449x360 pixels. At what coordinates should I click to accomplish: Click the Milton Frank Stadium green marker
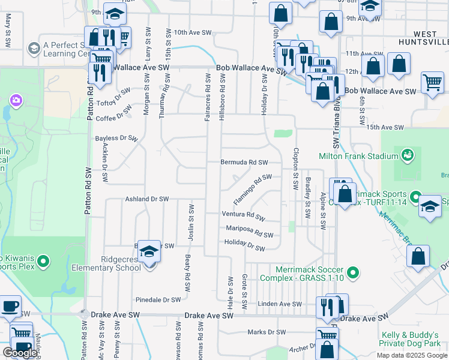click(408, 156)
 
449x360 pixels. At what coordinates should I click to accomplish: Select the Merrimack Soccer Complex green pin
click(353, 274)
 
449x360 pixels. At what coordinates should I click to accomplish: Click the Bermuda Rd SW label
click(243, 163)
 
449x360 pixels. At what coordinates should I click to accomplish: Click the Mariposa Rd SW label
click(250, 231)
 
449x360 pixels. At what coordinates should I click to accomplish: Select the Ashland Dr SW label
click(146, 199)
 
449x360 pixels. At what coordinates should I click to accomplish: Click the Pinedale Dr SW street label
click(158, 299)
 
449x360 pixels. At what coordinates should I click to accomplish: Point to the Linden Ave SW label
click(279, 304)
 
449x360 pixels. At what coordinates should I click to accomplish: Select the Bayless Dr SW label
click(116, 139)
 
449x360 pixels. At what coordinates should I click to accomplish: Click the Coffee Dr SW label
click(113, 113)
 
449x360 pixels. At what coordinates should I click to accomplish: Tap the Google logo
click(20, 353)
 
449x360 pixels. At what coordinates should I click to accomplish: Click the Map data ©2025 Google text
click(412, 355)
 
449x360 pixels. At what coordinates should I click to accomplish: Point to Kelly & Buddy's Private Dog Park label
click(414, 340)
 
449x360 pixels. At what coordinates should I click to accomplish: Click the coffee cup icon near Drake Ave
click(9, 307)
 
